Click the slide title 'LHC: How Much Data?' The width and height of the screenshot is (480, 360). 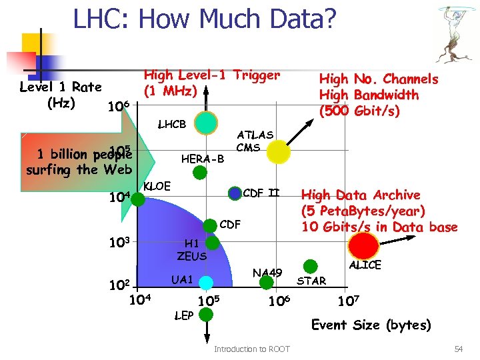(204, 20)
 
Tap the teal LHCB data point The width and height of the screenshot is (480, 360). (207, 123)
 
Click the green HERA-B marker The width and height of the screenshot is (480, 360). (199, 173)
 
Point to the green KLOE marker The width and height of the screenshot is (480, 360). (138, 198)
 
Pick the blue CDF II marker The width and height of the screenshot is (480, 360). (235, 194)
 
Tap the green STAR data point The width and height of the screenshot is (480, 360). (310, 266)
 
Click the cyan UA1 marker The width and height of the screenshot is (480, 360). (206, 283)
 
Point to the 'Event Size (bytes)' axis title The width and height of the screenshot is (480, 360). (371, 325)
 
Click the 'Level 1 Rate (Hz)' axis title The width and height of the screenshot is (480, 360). (60, 95)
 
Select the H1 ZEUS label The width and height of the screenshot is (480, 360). (192, 250)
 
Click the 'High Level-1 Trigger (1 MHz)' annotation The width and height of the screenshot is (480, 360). (211, 83)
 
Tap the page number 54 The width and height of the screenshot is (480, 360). (458, 349)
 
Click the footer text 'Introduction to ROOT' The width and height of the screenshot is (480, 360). (251, 349)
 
